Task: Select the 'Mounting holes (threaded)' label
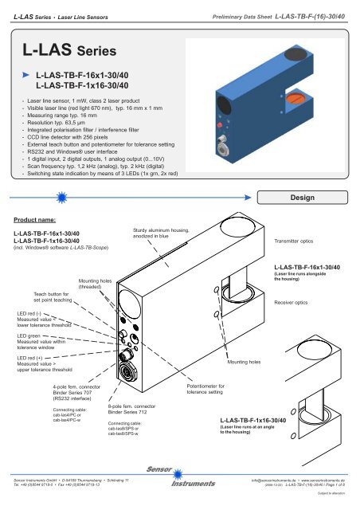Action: point(96,285)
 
